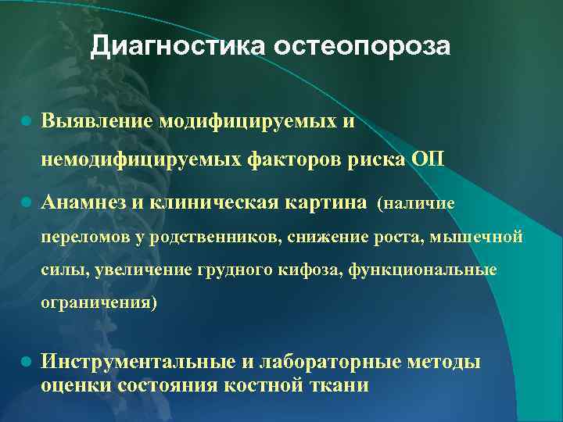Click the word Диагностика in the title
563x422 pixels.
tap(178, 47)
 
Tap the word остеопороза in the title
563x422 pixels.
tap(362, 47)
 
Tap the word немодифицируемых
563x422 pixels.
tap(142, 160)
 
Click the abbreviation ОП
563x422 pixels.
tap(426, 160)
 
